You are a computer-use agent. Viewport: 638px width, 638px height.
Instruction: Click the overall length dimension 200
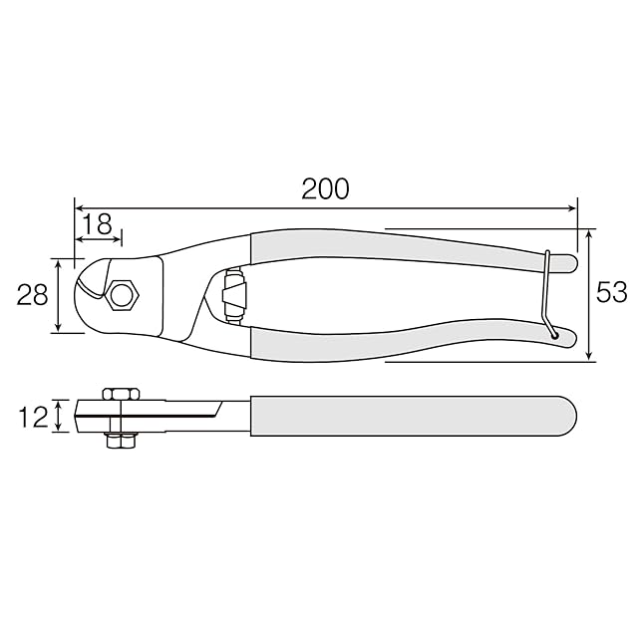[x=325, y=188]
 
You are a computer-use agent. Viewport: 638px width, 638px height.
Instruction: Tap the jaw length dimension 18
[x=98, y=224]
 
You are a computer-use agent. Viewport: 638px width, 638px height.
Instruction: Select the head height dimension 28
[x=32, y=295]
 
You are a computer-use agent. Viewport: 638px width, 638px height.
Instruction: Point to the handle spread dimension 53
[x=612, y=292]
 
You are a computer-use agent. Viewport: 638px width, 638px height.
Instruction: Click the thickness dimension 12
[x=33, y=417]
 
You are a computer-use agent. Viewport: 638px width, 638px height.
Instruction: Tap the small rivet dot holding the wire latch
[x=553, y=336]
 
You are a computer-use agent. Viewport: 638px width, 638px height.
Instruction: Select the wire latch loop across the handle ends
[x=546, y=293]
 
